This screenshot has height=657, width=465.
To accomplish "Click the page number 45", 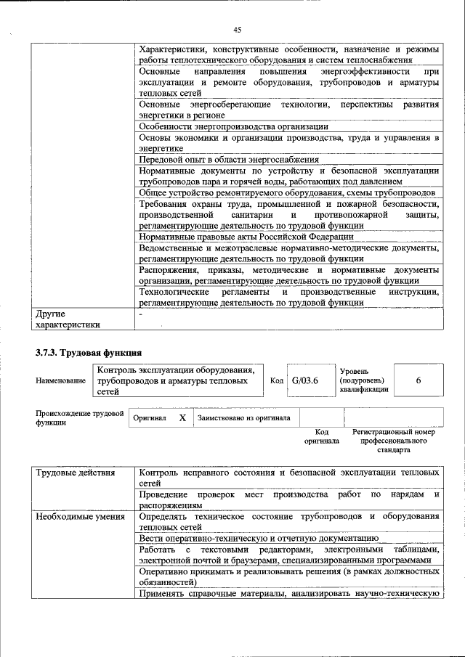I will click(237, 30).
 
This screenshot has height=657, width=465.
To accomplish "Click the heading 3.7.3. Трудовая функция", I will click(88, 354).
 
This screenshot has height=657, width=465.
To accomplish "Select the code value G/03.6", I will click(305, 380).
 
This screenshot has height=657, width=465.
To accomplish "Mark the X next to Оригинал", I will click(182, 418).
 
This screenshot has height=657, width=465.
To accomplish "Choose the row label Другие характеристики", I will click(66, 319).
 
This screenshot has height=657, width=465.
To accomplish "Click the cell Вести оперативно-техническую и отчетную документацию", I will click(258, 538).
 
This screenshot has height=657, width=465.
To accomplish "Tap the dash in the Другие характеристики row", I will click(141, 314).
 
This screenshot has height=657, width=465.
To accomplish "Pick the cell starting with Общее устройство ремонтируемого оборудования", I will click(287, 192).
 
